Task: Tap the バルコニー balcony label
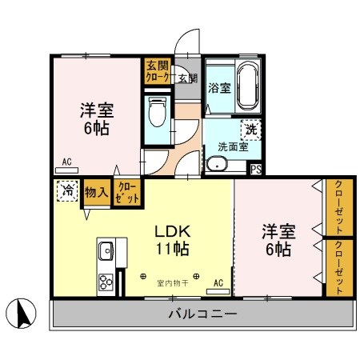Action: (x=202, y=314)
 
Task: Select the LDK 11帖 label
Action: (x=171, y=239)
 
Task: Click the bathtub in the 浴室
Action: (x=244, y=86)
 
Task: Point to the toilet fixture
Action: (x=155, y=113)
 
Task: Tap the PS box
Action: (x=256, y=169)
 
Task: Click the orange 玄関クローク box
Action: (x=157, y=73)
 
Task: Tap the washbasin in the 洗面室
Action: (x=216, y=165)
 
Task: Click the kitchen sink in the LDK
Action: (x=106, y=253)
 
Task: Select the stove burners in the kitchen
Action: (x=106, y=281)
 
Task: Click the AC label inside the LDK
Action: (x=218, y=282)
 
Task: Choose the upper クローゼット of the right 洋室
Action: (x=338, y=207)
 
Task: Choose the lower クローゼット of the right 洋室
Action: (x=338, y=268)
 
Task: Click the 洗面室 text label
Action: (x=232, y=146)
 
